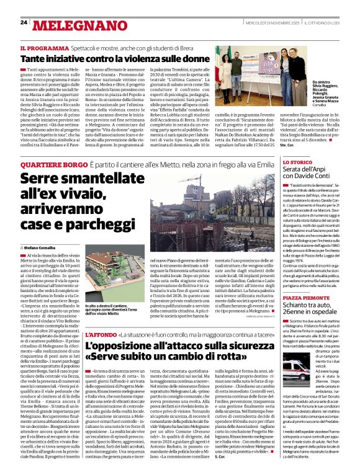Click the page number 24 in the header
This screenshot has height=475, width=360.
click(24, 22)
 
